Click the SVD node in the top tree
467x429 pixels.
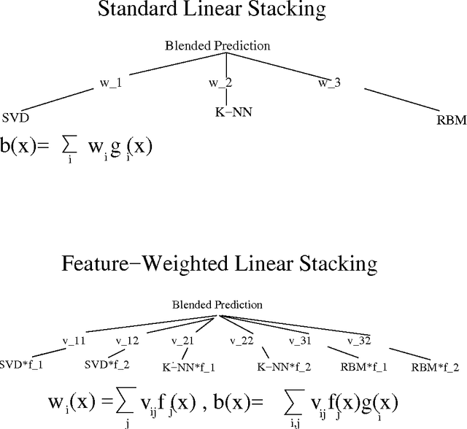[x=15, y=117]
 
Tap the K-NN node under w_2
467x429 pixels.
[x=228, y=114]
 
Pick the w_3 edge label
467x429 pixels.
[x=329, y=82]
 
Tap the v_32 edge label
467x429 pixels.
[x=359, y=341]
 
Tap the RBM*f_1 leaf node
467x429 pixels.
[x=363, y=366]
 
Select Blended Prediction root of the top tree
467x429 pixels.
[x=217, y=46]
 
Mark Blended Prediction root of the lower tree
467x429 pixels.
[x=217, y=304]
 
